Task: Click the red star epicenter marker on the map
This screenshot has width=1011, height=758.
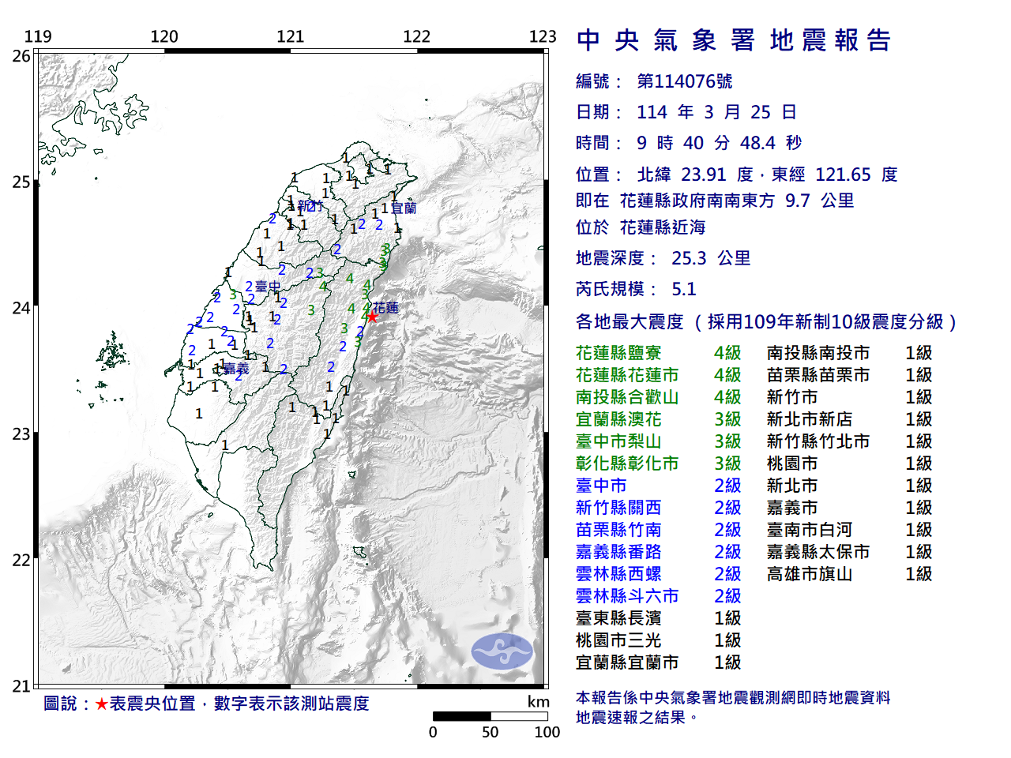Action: click(372, 316)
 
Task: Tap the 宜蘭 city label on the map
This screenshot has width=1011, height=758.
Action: click(404, 208)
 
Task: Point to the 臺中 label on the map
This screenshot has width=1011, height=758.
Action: click(268, 287)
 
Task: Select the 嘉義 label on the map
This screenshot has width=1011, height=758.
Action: click(236, 369)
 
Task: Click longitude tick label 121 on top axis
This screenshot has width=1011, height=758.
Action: click(291, 36)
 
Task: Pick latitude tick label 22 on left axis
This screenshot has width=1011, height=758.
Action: click(21, 561)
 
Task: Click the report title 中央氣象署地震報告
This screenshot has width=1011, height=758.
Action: click(734, 40)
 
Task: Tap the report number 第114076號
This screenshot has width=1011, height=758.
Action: click(684, 81)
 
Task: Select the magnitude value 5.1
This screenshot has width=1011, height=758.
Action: click(684, 289)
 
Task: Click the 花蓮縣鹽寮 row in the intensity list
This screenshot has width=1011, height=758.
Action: click(618, 353)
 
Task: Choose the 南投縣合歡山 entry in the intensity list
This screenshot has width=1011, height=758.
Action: click(627, 397)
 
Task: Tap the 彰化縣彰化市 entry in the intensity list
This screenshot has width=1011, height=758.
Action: click(627, 463)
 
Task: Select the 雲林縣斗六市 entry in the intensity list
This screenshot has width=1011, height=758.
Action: click(627, 596)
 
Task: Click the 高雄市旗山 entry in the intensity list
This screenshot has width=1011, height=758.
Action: click(810, 574)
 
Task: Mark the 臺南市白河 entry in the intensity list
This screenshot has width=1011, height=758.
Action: click(810, 530)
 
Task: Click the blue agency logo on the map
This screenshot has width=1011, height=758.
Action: click(502, 651)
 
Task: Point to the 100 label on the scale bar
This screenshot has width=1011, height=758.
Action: click(547, 732)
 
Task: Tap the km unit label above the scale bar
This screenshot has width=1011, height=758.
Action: click(539, 702)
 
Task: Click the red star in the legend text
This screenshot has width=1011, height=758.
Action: click(101, 704)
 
